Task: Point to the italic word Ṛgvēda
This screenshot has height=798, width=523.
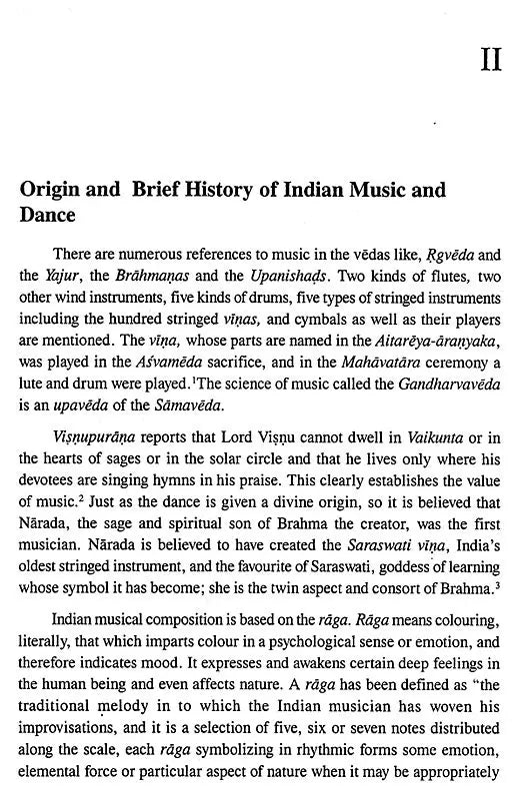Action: coord(435,255)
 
